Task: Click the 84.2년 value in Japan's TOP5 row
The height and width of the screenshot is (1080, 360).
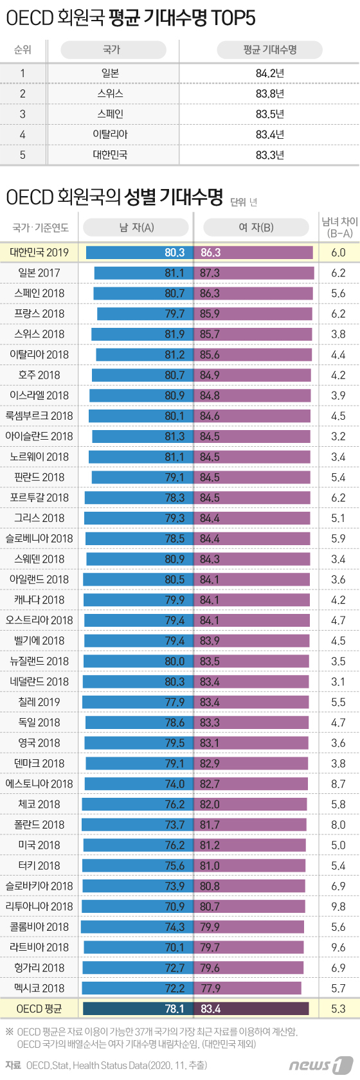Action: tap(269, 73)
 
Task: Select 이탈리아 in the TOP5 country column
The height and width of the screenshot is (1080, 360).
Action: tap(110, 134)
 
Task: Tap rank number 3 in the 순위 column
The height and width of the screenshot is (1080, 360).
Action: tap(22, 114)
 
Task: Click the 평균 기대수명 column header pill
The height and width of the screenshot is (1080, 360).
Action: tap(269, 50)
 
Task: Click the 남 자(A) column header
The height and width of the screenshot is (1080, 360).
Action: tap(136, 228)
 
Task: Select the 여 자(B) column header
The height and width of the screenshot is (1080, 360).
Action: tap(256, 228)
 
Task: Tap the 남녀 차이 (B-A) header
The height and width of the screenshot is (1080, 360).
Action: tap(339, 228)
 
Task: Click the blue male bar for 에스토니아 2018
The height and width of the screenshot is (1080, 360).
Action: tap(138, 784)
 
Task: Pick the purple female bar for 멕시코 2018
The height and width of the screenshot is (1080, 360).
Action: tap(248, 988)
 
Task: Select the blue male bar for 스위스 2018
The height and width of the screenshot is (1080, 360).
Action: tap(142, 334)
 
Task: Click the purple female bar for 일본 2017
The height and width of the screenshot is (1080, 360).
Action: tap(255, 273)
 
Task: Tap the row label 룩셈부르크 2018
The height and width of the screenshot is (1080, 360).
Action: tap(39, 416)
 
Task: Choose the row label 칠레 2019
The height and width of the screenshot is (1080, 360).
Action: tap(39, 702)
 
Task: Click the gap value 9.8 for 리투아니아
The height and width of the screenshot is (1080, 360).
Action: tap(338, 906)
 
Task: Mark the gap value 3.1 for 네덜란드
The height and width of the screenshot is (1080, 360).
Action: tap(338, 681)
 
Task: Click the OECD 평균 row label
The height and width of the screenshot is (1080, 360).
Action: tap(39, 1009)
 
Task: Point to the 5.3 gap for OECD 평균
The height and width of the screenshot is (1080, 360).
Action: tap(338, 1009)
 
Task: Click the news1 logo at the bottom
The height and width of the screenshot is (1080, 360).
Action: tap(320, 1065)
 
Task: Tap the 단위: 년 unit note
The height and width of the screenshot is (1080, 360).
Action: tap(244, 202)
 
